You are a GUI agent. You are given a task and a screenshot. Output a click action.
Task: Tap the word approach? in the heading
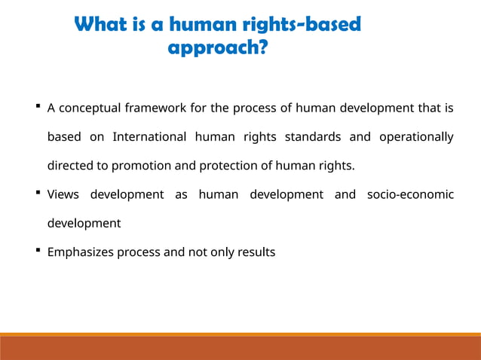click(x=217, y=49)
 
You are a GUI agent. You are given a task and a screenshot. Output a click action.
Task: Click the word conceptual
click(x=89, y=108)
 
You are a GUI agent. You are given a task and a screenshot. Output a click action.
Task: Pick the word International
click(x=149, y=136)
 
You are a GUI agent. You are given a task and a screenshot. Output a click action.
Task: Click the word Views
click(x=63, y=194)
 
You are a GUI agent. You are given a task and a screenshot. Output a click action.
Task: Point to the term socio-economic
click(x=410, y=194)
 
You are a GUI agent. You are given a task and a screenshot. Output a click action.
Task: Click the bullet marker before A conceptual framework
click(x=38, y=107)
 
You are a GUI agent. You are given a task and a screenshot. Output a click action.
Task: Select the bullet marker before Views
click(x=38, y=194)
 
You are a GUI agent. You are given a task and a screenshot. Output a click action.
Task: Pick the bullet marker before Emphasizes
click(x=38, y=252)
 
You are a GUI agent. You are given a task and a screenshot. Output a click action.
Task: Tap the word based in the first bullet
click(x=63, y=136)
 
